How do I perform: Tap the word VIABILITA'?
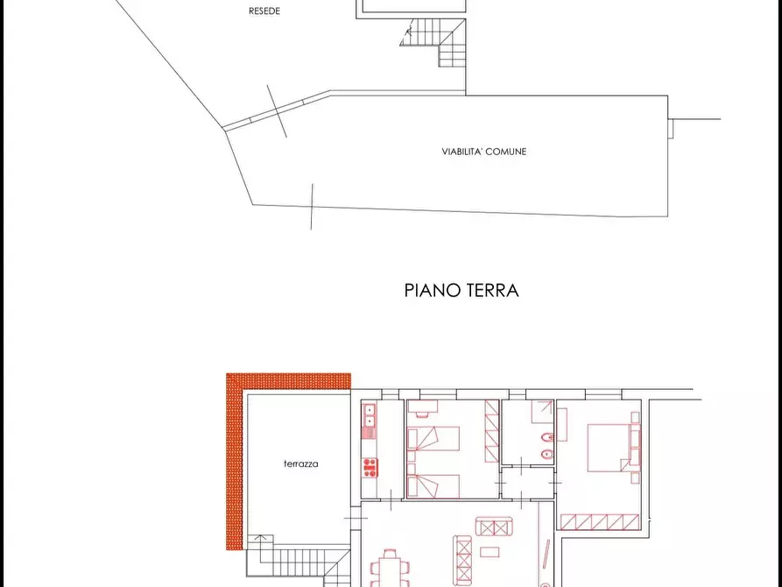(461, 152)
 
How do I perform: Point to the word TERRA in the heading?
(491, 290)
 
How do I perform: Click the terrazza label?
(300, 464)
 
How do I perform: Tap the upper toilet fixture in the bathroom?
(547, 436)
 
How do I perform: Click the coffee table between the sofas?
(490, 552)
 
